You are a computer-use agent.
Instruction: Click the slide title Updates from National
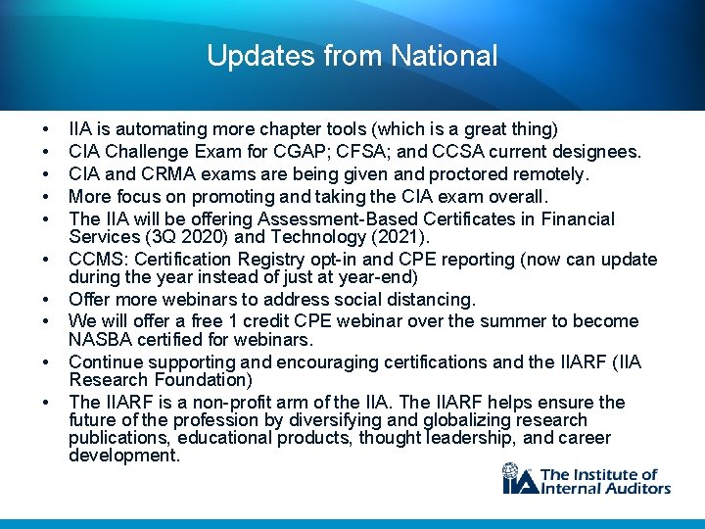pyautogui.click(x=352, y=56)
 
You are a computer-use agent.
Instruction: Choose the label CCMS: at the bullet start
pyautogui.click(x=97, y=260)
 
